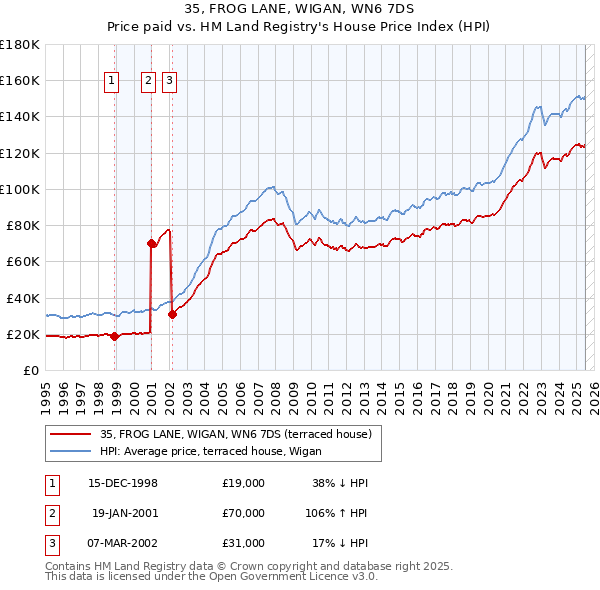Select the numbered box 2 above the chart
(148, 82)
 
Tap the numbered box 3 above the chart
(169, 82)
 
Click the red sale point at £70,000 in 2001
(151, 243)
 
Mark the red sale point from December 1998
(114, 336)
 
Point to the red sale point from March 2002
(172, 314)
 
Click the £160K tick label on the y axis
(20, 80)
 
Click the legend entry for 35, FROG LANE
(235, 433)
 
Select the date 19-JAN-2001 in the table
(124, 513)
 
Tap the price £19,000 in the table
(243, 483)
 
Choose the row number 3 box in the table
(51, 543)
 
